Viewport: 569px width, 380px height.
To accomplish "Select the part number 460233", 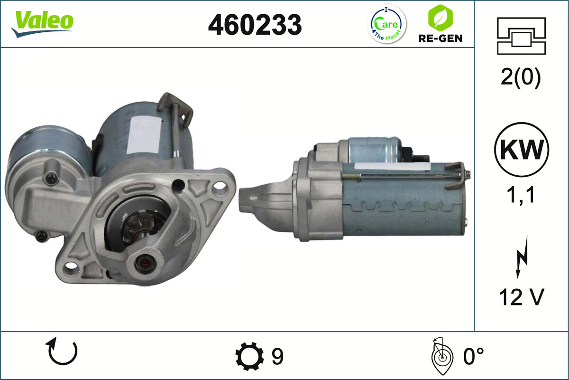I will pyautogui.click(x=255, y=24).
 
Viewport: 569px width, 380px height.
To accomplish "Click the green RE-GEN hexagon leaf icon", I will pyautogui.click(x=440, y=18).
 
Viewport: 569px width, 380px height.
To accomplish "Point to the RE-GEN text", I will pyautogui.click(x=440, y=38).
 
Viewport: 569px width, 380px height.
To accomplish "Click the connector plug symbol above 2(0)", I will pyautogui.click(x=521, y=36).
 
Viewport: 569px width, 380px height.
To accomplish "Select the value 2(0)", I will pyautogui.click(x=520, y=78).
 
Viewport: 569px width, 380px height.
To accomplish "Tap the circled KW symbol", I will pyautogui.click(x=521, y=150).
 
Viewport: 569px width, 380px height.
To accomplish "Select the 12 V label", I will pyautogui.click(x=521, y=297).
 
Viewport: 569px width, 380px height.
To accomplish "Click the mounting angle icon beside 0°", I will pyautogui.click(x=441, y=356).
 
